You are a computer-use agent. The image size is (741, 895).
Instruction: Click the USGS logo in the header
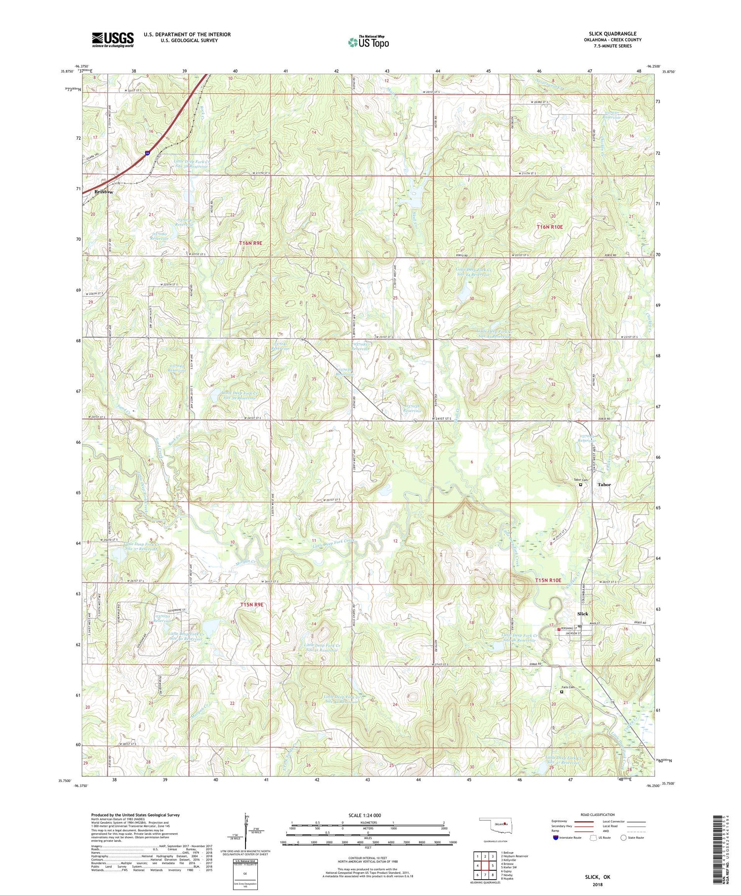coord(113,39)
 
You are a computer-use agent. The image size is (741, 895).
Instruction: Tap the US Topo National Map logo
coord(368,42)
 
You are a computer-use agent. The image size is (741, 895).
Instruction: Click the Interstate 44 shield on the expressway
coord(148,154)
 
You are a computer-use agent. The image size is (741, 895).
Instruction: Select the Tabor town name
coord(604,484)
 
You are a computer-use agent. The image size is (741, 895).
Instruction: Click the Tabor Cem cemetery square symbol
coord(580,485)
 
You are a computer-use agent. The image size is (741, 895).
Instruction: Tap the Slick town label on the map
coord(583,614)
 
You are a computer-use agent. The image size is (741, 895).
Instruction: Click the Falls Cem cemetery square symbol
coord(561,692)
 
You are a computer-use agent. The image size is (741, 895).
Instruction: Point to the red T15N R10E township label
coord(548,580)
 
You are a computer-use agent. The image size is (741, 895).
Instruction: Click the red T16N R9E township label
coord(250,243)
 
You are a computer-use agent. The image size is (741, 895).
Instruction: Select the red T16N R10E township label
coord(549,227)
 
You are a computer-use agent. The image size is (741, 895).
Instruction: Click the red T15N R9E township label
coord(252,604)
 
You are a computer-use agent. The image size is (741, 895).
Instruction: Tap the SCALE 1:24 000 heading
coord(365,815)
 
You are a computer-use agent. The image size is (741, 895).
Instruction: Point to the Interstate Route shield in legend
coord(556,838)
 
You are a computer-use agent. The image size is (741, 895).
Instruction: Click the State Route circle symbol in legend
coord(624,837)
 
